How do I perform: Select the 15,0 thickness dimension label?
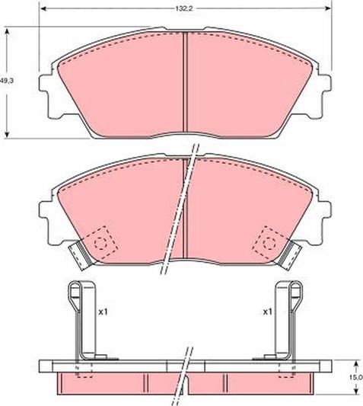pos(355,376)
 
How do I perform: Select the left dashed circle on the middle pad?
pos(100,243)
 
